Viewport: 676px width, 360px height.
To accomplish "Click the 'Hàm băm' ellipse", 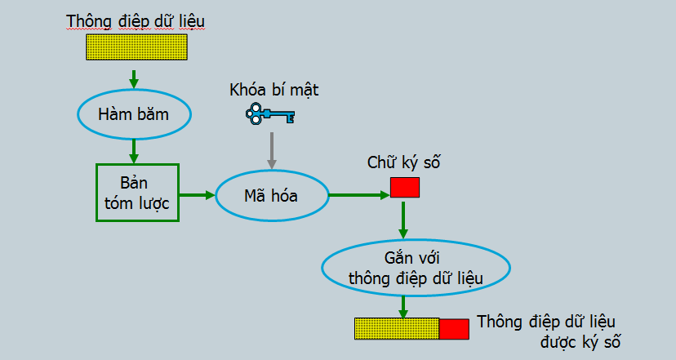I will [x=134, y=114].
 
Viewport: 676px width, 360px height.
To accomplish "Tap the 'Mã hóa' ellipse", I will [x=271, y=196].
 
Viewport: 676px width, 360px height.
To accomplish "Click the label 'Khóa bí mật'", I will [x=274, y=91].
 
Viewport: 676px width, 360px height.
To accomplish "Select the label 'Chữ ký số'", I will [x=404, y=162].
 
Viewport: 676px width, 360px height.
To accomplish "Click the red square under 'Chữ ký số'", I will [x=405, y=188].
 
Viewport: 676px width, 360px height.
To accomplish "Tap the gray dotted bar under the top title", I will [x=136, y=47].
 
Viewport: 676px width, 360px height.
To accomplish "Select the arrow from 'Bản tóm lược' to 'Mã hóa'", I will [x=196, y=194].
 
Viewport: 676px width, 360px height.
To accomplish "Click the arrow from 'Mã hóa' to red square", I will [x=358, y=195].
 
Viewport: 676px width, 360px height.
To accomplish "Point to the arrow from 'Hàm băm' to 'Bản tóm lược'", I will [x=134, y=150].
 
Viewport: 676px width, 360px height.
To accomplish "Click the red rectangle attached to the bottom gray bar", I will [x=454, y=329].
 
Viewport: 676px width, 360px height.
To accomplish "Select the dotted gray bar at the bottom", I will [x=397, y=329].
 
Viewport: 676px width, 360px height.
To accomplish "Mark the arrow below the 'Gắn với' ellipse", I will [x=402, y=305].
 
